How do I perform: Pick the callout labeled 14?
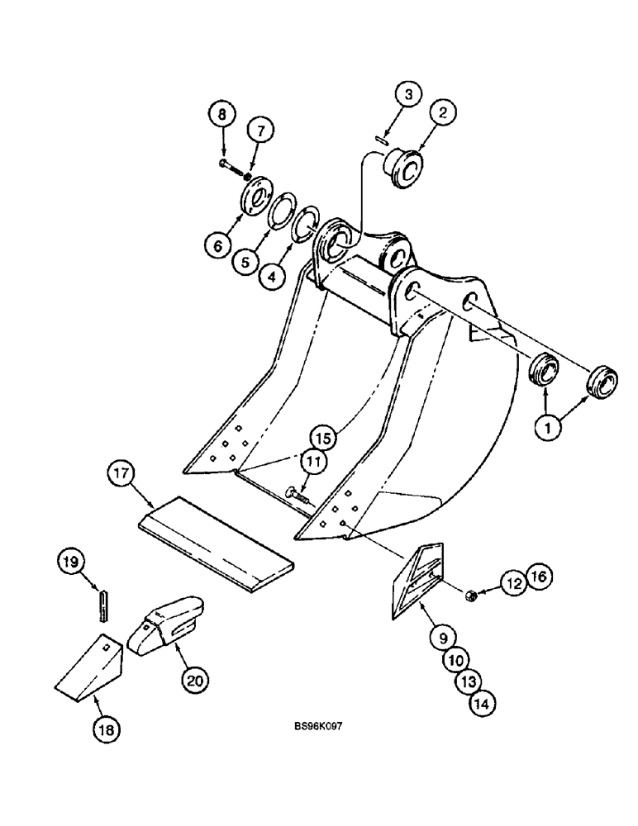coord(483,704)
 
